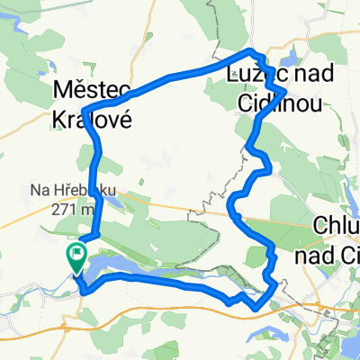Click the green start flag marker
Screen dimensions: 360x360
click(x=76, y=257)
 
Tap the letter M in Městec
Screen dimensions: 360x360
click(x=62, y=91)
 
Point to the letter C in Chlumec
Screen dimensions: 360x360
click(x=321, y=225)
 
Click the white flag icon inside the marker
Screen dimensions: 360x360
click(x=76, y=254)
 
